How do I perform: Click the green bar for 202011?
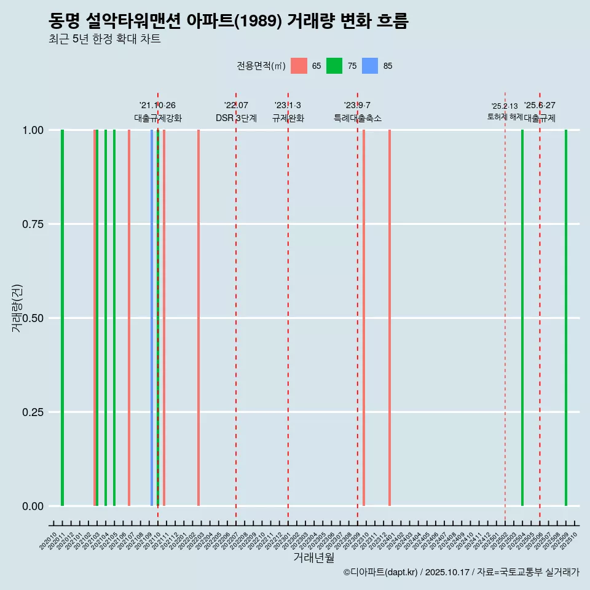[62, 318]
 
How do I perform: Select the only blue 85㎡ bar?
[152, 318]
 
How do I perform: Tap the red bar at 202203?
[199, 318]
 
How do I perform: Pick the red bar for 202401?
[390, 318]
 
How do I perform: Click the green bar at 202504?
[522, 318]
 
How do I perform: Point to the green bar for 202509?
[566, 318]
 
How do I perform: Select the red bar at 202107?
[129, 318]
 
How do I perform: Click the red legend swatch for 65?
[299, 66]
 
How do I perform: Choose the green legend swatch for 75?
[334, 66]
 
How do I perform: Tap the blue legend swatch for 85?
[370, 66]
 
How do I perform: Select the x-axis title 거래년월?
[313, 558]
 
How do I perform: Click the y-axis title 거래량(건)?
[17, 309]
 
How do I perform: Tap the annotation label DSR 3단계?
[236, 118]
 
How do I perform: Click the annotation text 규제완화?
[288, 118]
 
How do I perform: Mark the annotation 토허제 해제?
[505, 116]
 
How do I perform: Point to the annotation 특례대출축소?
[358, 118]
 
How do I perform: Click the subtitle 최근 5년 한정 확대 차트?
[104, 39]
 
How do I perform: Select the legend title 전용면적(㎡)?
[261, 66]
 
